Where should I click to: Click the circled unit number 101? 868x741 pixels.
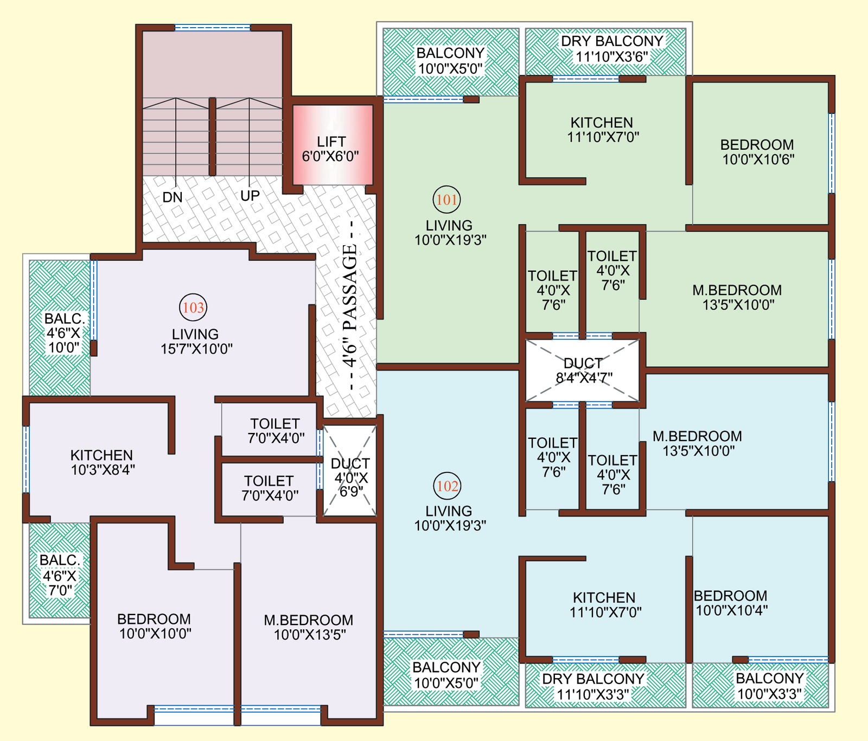point(447,200)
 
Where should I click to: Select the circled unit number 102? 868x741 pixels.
point(448,486)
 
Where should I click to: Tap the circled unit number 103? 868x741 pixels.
point(193,308)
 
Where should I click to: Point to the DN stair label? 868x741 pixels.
point(173,197)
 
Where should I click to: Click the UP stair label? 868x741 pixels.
point(250,196)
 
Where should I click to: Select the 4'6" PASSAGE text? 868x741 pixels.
point(350,305)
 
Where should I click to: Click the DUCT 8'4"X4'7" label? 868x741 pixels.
point(583,370)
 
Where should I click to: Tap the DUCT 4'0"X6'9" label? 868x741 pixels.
point(350,477)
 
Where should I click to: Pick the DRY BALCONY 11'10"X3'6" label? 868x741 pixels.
point(612,49)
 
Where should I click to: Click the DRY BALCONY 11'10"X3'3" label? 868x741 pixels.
point(593,686)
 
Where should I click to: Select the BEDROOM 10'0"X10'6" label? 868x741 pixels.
point(757,152)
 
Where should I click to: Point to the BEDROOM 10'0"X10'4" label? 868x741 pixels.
point(731,603)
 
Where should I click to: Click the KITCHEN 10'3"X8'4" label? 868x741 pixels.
point(102,463)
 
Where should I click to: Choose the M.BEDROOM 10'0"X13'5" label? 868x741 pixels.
point(309,628)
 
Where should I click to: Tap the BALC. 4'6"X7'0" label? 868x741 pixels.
point(60,576)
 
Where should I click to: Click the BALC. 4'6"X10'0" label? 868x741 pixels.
point(64,333)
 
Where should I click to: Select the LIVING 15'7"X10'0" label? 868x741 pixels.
point(196,342)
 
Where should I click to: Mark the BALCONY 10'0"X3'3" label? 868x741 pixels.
point(769,686)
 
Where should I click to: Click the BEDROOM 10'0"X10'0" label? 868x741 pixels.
point(155,627)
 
